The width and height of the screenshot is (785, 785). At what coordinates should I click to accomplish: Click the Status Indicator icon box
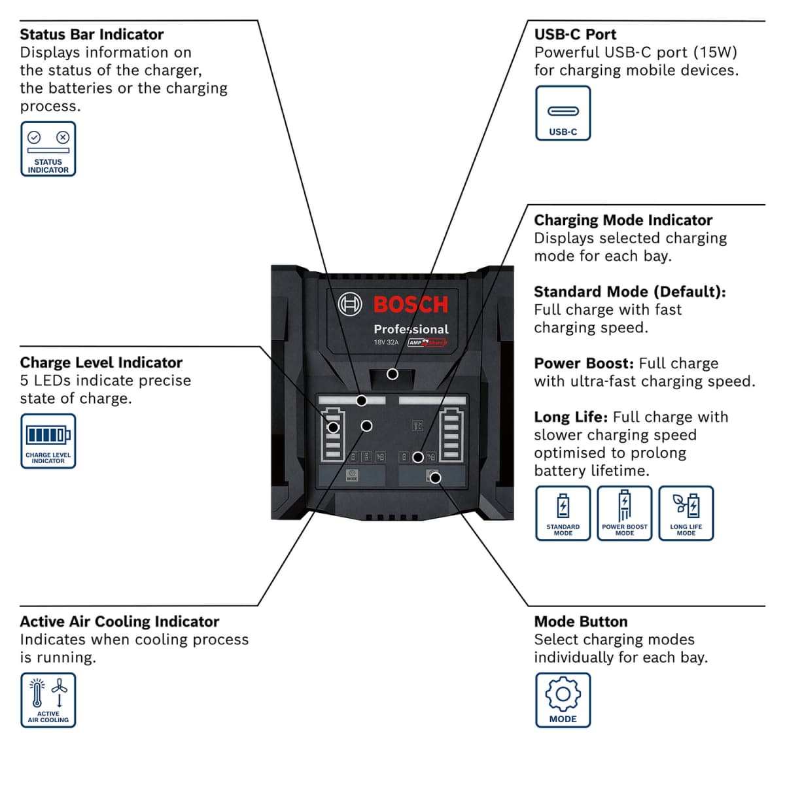point(48,148)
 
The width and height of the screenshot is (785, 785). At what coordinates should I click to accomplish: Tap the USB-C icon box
point(563,113)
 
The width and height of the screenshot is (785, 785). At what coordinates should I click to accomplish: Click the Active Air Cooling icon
point(48,700)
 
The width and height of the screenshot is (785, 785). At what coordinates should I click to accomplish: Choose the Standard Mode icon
point(563,513)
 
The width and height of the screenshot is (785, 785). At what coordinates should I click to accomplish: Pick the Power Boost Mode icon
point(624,513)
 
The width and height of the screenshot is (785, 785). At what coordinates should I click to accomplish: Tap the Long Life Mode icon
point(686,513)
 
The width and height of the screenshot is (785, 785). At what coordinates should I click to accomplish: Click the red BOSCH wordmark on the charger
point(411,305)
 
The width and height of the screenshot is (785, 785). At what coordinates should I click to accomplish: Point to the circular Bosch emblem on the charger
point(350,304)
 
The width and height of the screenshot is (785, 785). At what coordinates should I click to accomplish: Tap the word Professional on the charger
point(411,329)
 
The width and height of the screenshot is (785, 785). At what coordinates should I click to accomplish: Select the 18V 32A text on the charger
point(386,342)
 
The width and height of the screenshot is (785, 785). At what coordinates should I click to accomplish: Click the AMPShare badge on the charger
point(427,342)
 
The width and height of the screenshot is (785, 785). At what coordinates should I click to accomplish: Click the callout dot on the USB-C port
point(392,374)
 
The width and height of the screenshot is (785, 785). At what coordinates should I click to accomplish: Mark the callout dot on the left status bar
point(361,400)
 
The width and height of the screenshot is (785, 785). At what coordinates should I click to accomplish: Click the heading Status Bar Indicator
point(92,35)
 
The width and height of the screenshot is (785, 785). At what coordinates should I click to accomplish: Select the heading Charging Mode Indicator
point(623,220)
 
